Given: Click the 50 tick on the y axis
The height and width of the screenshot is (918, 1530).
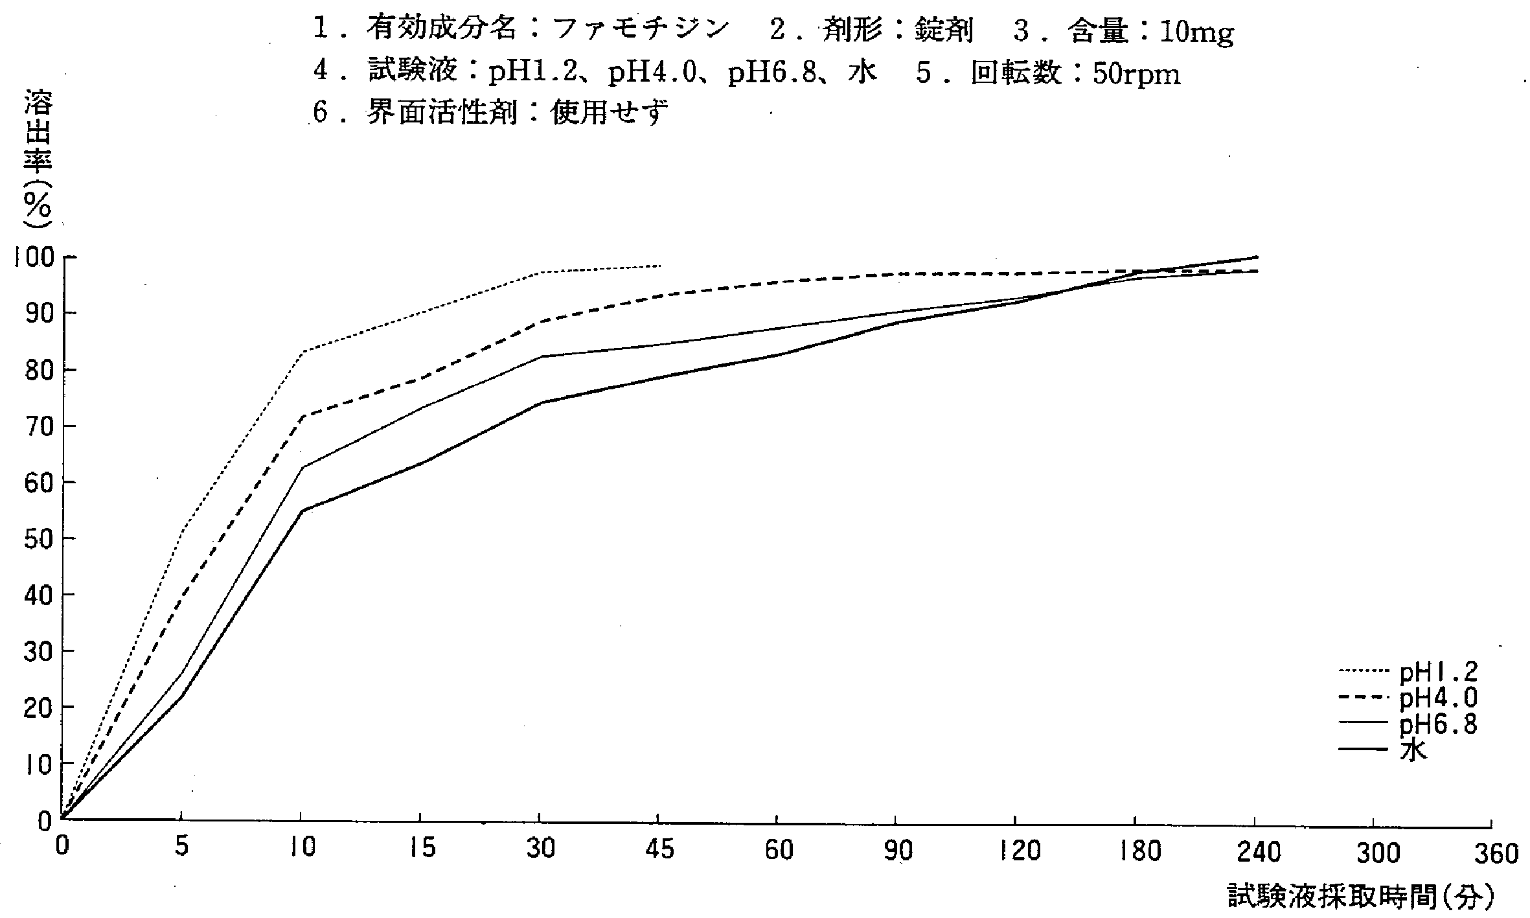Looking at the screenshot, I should (38, 539).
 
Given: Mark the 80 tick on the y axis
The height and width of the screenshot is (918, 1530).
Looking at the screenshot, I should (38, 370).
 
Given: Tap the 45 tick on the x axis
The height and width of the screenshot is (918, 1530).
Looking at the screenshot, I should (659, 849).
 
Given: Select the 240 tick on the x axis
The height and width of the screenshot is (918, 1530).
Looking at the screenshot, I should (1257, 851).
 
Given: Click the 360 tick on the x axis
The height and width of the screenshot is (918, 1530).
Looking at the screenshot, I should (1496, 854).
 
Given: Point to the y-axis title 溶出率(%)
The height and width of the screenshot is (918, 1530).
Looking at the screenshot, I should (38, 159).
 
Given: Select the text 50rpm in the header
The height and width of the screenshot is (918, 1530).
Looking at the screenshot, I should (1136, 75).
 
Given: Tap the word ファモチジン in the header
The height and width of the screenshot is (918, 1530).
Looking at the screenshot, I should (641, 29).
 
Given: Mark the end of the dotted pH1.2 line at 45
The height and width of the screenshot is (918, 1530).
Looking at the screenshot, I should (659, 266).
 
